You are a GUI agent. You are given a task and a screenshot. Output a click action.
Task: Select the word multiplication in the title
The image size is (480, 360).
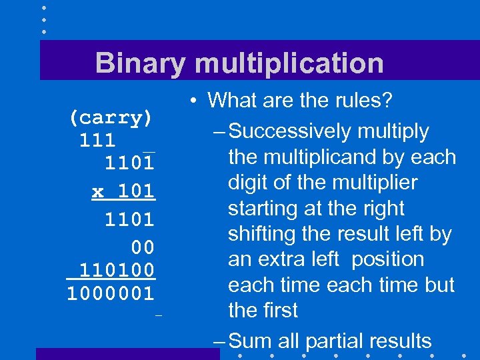289,63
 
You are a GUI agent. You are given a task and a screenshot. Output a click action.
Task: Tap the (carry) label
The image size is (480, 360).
111,118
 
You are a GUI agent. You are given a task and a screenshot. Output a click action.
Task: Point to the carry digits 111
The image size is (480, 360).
97,141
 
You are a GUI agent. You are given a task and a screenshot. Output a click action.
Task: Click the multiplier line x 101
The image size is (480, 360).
123,191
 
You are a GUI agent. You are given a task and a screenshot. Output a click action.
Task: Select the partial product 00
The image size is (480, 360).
143,247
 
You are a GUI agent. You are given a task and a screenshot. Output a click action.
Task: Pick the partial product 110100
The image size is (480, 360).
117,270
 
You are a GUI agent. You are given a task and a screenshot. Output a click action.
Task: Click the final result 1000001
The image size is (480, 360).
111,293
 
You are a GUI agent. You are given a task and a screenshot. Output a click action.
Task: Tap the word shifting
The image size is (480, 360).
261,234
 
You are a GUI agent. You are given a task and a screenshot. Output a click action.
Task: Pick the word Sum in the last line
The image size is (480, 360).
251,341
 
